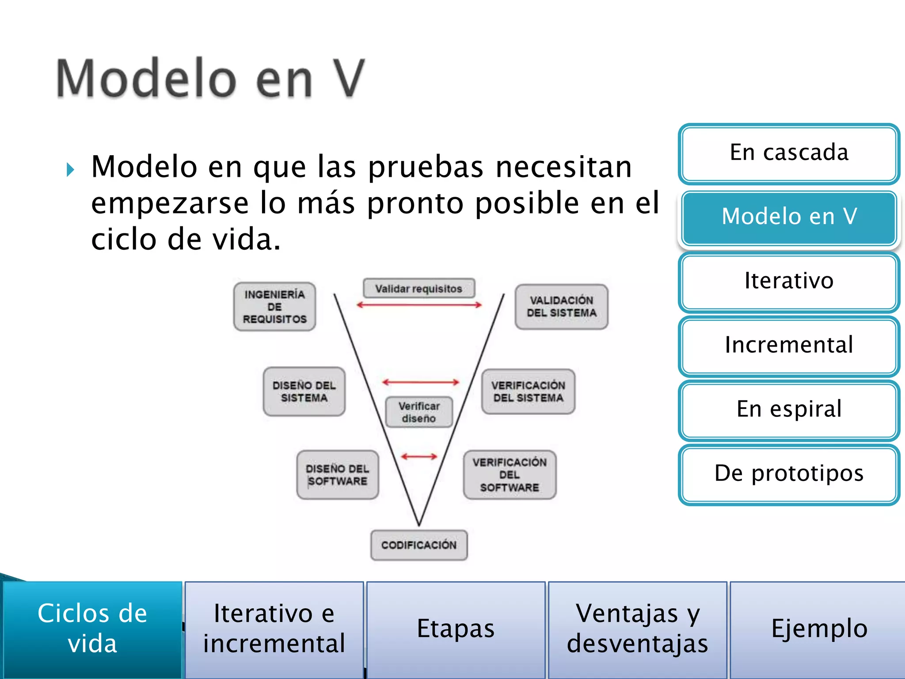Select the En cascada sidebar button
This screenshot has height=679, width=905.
789,153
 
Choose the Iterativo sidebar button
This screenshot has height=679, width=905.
789,282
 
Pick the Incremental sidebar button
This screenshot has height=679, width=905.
789,346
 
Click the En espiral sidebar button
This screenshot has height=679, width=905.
789,410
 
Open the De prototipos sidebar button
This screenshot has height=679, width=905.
789,474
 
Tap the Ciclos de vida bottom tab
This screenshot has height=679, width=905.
92,629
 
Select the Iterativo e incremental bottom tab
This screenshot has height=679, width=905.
274,629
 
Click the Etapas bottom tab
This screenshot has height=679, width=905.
456,629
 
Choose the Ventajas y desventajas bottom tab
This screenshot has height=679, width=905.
637,629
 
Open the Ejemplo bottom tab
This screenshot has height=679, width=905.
818,629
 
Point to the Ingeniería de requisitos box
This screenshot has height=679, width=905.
274,307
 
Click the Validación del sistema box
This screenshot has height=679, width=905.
561,307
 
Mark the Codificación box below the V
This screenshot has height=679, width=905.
419,545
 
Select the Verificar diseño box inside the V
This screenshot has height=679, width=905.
419,412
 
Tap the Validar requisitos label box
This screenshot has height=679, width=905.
419,289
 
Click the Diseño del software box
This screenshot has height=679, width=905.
338,475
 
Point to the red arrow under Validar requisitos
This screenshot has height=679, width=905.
419,305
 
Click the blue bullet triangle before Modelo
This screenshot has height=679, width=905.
70,170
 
